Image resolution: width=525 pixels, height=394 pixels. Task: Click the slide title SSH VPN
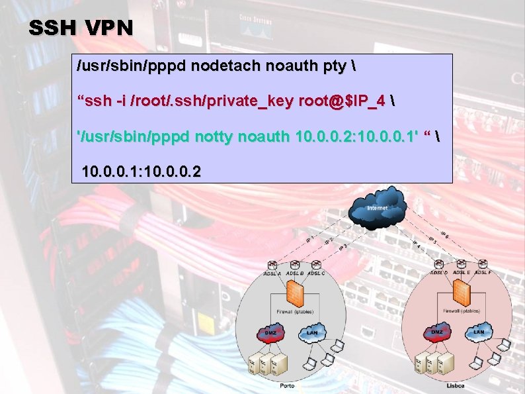coord(81,28)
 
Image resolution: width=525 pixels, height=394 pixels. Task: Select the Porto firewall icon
coord(295,293)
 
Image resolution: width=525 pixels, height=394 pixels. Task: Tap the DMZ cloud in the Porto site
coord(271,332)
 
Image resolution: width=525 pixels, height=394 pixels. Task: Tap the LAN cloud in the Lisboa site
coord(479,332)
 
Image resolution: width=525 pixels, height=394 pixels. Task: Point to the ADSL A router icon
coord(272,266)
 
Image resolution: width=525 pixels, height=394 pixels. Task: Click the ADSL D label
coord(438,272)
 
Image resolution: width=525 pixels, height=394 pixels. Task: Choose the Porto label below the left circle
coord(287,385)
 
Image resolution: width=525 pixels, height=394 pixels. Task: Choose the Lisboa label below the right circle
coord(455,385)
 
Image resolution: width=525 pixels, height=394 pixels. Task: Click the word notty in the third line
coord(231,136)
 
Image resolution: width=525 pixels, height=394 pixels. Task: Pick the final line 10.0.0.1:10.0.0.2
coord(141,172)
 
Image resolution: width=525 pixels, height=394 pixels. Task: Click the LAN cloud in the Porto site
coord(312,332)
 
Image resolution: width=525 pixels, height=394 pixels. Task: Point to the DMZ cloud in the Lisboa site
coord(437,332)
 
